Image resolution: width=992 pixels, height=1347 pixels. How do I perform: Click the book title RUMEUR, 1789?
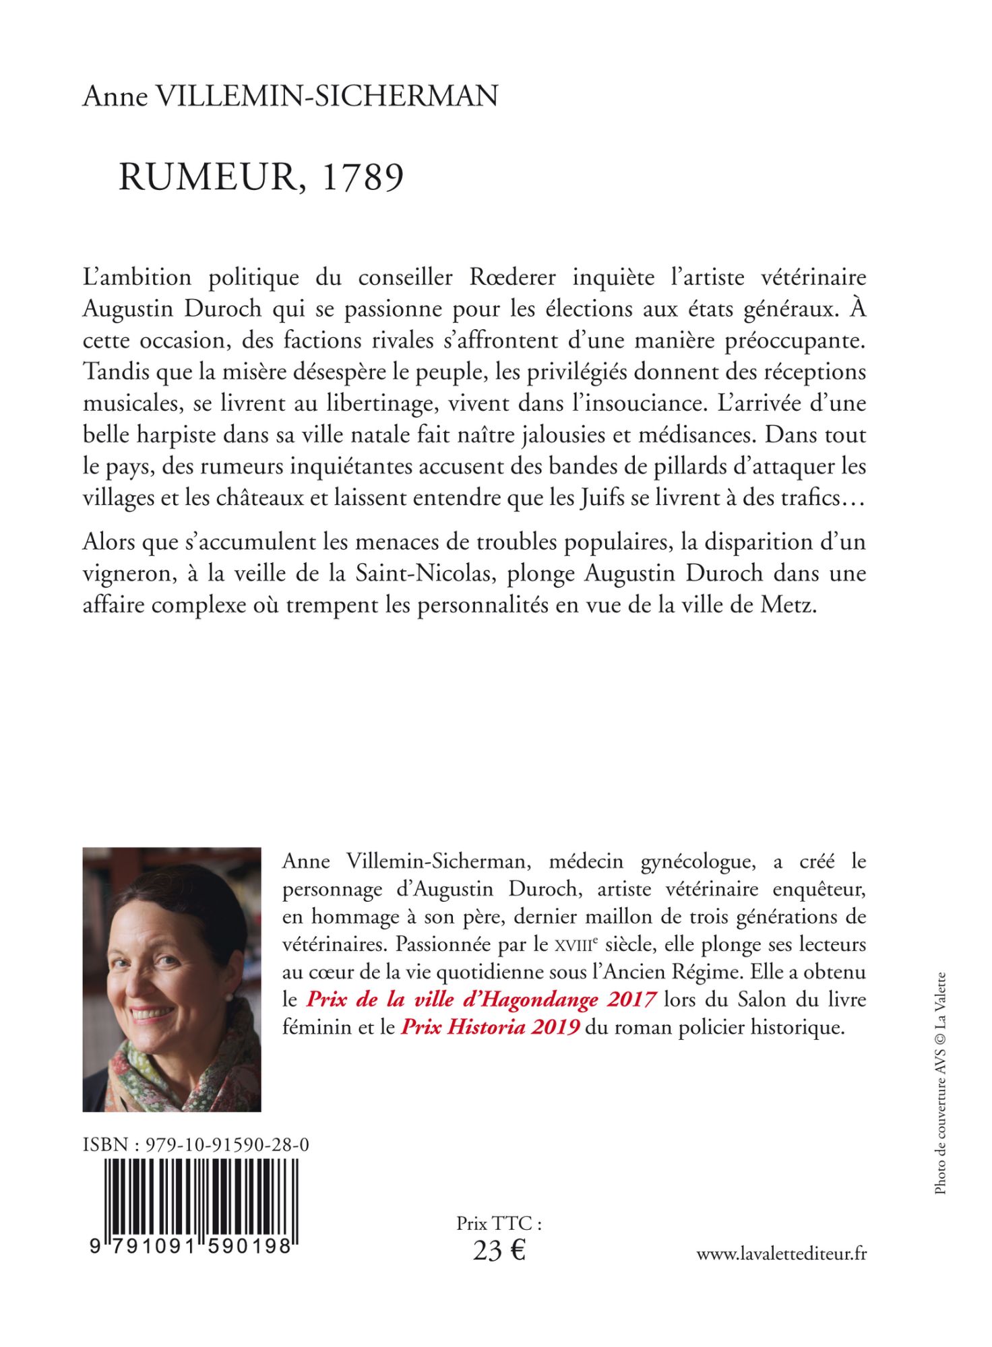coord(261,177)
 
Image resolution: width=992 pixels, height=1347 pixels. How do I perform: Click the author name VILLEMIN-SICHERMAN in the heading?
coord(327,96)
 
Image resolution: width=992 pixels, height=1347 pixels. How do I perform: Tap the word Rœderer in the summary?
coord(513,277)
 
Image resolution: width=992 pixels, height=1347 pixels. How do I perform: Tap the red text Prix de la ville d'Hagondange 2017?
coord(481,999)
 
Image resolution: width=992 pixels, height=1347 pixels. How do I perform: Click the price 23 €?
coord(499,1251)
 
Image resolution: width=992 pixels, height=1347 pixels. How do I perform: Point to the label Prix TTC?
coord(499,1222)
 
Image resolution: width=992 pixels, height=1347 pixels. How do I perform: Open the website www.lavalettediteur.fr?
coord(781,1253)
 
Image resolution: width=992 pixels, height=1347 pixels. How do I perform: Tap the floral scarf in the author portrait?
coord(189,1064)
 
